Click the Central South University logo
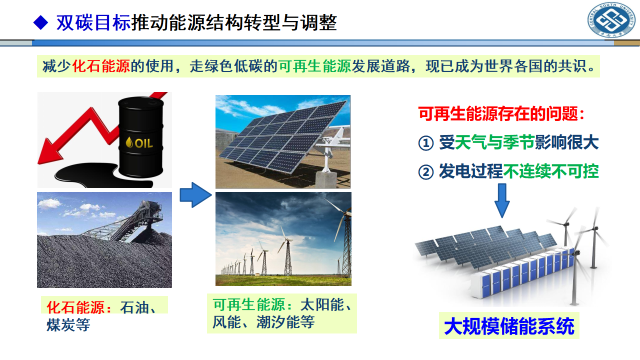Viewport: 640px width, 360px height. coord(611,20)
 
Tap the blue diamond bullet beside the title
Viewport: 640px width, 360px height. coord(40,22)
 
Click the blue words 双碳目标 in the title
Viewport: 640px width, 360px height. coord(93,22)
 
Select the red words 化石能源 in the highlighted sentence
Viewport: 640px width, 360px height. coord(101,66)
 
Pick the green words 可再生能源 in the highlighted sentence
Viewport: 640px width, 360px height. coord(314,66)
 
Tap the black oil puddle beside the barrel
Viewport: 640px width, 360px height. coord(94,174)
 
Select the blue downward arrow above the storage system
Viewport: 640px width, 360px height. coord(502,200)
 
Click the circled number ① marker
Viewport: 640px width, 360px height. coord(426,143)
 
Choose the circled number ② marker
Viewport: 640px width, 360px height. coord(426,172)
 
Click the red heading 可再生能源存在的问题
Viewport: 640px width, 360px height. coord(498,113)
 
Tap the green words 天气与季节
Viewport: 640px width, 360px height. coord(494,142)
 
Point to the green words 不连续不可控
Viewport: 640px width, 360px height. coord(550,171)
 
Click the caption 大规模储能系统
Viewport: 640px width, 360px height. coord(509,326)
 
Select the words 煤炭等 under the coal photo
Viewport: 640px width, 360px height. coord(68,325)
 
